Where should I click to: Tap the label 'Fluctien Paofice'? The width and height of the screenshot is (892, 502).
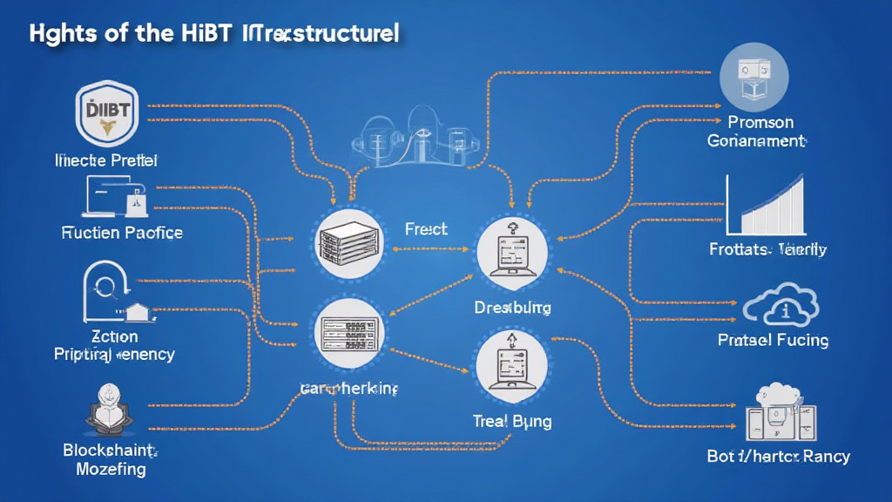point(122,233)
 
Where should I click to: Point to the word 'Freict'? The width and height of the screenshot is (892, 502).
point(426,230)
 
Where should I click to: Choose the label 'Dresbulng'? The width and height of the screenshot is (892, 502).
point(512,308)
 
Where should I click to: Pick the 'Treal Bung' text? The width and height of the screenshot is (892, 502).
point(512,421)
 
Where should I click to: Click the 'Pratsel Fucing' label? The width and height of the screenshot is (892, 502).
point(773,340)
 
